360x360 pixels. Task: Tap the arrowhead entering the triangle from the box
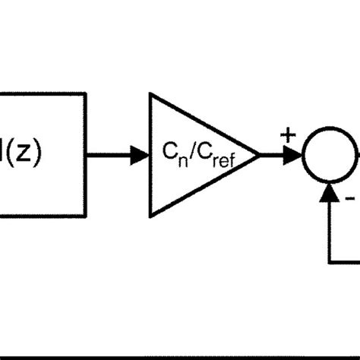click(x=141, y=155)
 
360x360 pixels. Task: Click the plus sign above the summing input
click(x=288, y=136)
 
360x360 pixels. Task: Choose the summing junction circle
click(x=328, y=155)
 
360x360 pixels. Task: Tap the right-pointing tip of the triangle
click(x=259, y=155)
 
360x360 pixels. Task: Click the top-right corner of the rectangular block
click(x=85, y=93)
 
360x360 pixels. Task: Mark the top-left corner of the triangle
click(x=151, y=94)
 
